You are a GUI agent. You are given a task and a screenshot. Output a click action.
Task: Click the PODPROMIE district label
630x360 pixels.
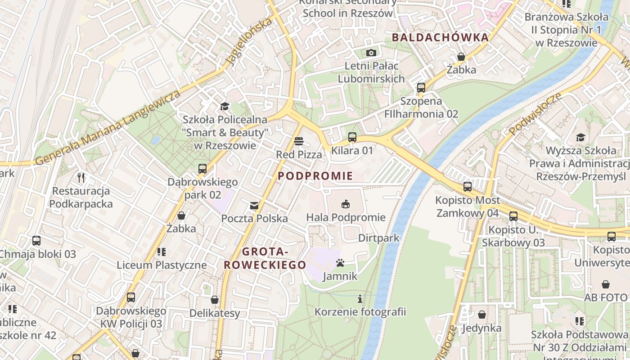[315, 176]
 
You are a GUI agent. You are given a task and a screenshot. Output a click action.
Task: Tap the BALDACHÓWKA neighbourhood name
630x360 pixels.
[440, 37]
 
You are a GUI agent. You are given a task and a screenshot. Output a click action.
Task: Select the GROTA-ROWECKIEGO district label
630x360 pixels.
[265, 258]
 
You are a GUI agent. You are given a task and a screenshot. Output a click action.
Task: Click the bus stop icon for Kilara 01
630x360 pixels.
[352, 137]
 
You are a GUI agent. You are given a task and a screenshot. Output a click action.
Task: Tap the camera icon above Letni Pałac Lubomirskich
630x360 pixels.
[371, 53]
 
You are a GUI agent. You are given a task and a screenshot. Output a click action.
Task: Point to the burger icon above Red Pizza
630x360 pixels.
[298, 141]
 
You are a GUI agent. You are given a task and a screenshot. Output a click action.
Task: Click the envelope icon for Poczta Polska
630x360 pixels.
[254, 206]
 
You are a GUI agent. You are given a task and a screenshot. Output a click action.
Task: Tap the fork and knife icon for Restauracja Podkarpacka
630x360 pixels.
[81, 177]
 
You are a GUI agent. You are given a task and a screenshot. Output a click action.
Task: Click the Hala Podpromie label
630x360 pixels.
[346, 218]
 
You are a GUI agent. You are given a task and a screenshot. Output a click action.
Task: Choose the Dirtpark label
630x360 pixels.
[379, 238]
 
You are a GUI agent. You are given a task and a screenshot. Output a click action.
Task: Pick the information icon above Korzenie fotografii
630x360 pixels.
[360, 298]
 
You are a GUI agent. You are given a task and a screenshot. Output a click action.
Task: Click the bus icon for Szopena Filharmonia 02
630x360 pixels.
[421, 88]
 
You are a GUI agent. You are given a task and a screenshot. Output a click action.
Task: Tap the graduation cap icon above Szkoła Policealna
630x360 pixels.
[225, 106]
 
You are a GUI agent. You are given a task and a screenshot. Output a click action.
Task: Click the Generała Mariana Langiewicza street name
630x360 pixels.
[108, 127]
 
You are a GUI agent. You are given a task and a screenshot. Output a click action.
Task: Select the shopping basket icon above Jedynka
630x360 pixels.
[482, 315]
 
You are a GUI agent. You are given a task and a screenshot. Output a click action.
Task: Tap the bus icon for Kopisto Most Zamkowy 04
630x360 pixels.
[468, 186]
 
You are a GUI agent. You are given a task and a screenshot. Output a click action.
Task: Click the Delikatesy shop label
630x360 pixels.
[215, 313]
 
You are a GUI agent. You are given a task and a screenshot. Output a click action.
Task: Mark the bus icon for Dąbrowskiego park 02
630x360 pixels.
[202, 169]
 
